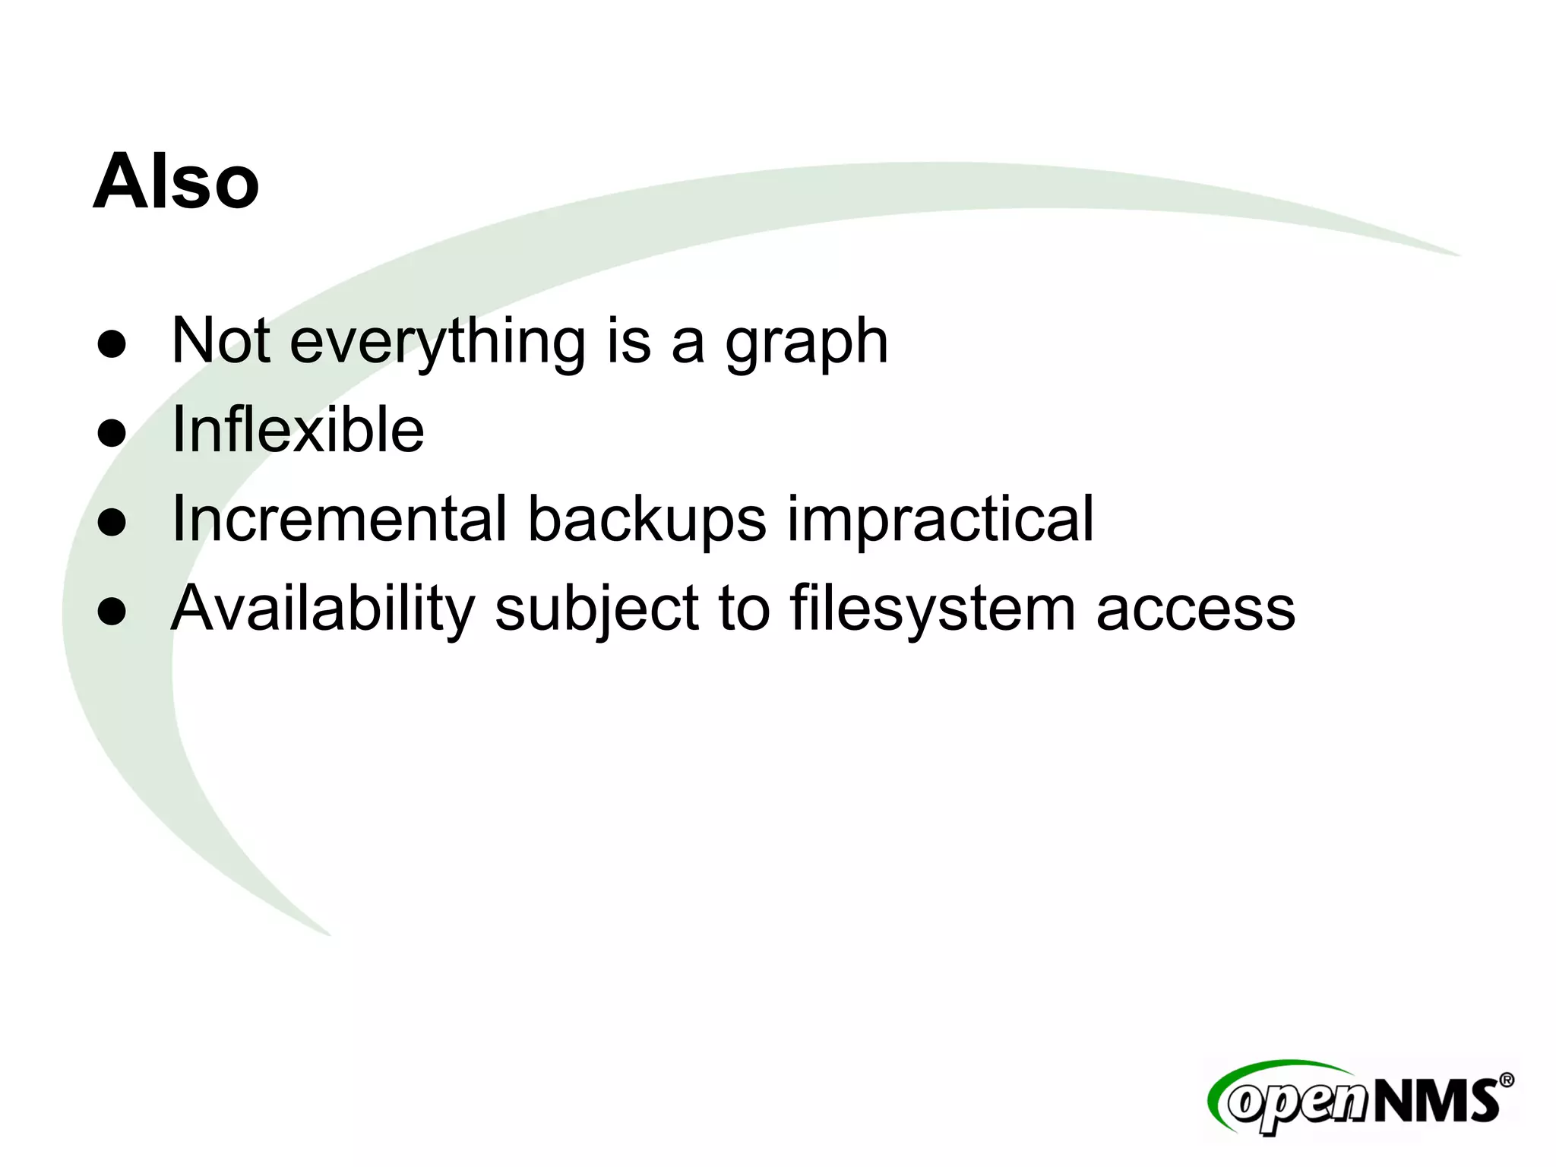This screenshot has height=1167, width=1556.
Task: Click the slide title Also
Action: [176, 182]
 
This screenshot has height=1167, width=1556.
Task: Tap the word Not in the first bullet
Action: [220, 341]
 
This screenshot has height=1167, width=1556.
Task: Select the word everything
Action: [438, 341]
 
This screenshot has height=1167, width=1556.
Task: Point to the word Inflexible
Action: [298, 430]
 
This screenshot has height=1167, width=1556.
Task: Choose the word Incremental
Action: [339, 519]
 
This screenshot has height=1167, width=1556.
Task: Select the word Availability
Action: [323, 609]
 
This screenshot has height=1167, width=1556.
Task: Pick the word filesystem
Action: [932, 609]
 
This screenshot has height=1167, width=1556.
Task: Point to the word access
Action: [1195, 610]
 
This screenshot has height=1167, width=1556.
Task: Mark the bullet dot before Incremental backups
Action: [112, 523]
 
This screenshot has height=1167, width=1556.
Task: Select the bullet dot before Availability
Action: [112, 612]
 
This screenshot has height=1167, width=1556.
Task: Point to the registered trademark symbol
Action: [1506, 1080]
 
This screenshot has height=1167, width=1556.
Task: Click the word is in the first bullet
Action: [628, 341]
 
